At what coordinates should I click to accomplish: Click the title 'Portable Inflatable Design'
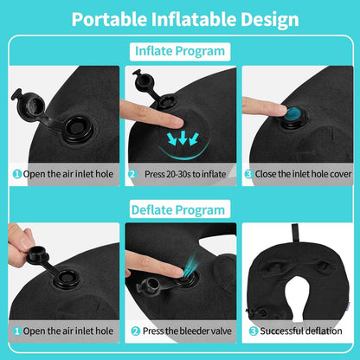point(180,19)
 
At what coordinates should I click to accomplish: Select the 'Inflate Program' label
point(179,51)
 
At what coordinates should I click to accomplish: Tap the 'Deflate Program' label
point(179,209)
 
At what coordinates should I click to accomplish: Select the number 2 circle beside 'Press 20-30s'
point(132,173)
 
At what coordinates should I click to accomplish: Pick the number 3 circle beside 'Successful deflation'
point(252,331)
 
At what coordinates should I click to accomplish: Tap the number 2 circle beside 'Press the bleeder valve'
point(133,331)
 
